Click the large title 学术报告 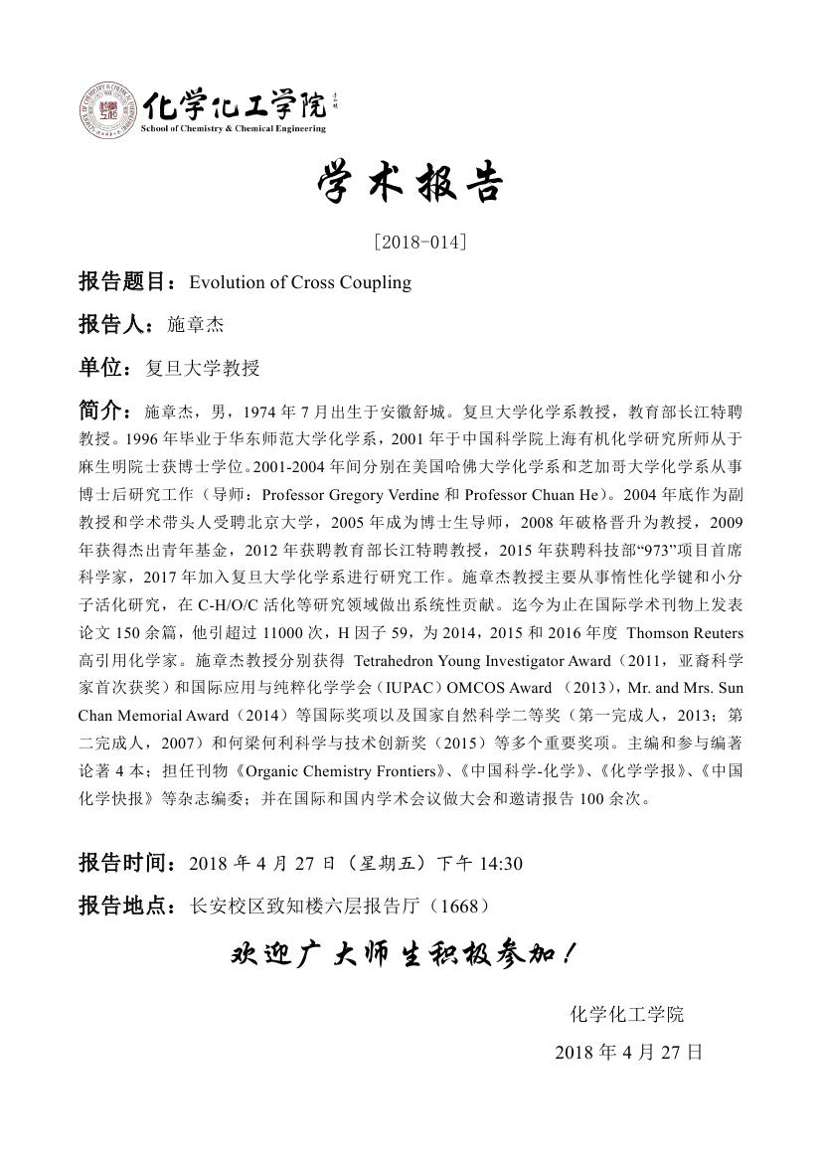pos(411,184)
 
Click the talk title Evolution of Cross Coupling pos(300,282)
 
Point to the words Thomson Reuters pos(685,633)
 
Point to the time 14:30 pos(501,863)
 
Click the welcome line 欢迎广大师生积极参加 pos(403,955)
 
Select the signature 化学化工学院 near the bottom pos(626,1014)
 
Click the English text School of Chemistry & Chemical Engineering pos(234,128)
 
